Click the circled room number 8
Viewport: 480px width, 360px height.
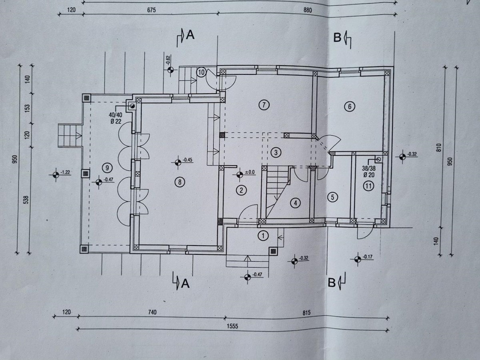[180, 182]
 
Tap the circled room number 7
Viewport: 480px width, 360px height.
[264, 105]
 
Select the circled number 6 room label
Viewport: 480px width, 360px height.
[350, 107]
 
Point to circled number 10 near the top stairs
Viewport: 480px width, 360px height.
[201, 72]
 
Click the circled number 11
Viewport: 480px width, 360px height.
[368, 186]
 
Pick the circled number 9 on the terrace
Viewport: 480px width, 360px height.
[107, 168]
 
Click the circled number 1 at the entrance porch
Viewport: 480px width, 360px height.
[263, 236]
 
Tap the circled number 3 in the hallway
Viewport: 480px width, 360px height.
[276, 152]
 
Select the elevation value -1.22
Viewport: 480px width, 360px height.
[65, 172]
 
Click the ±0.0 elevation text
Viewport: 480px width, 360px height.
[250, 172]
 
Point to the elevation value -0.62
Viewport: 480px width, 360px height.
[168, 60]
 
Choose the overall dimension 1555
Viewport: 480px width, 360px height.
[232, 326]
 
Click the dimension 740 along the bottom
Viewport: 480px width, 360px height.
[152, 312]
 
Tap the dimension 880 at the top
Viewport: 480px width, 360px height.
[308, 10]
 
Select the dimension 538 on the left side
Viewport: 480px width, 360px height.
[26, 200]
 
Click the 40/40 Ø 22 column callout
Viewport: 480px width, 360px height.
[116, 118]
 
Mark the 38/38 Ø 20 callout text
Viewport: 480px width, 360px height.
[368, 172]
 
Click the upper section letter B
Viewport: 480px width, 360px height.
[337, 38]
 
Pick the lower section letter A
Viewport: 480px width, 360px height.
[185, 284]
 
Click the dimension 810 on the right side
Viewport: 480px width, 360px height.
[440, 147]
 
